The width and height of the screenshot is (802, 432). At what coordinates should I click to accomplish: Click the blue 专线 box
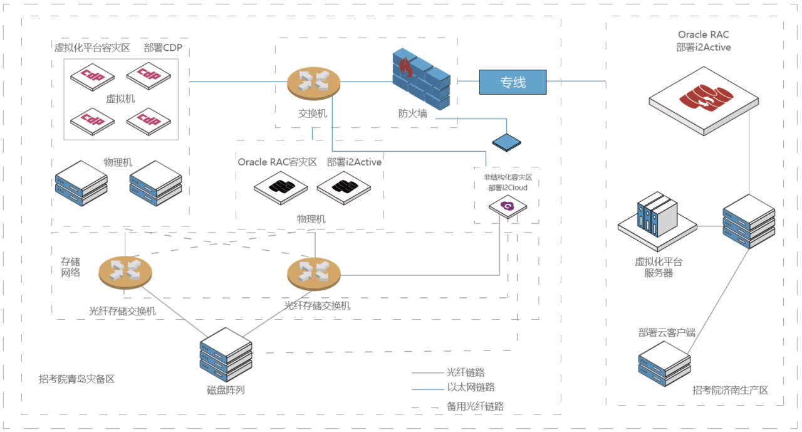tap(513, 82)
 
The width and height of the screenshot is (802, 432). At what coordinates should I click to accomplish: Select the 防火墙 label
tap(414, 113)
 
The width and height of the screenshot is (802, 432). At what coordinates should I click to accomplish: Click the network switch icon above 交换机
tap(313, 82)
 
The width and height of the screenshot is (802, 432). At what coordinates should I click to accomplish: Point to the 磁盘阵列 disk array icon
tap(226, 354)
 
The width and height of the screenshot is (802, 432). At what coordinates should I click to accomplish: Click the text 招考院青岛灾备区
tap(76, 379)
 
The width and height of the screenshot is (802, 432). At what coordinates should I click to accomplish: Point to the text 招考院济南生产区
tap(730, 390)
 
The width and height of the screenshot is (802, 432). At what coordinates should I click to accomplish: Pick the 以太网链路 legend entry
tap(471, 387)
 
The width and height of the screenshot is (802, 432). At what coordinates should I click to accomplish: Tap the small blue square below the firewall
tap(506, 142)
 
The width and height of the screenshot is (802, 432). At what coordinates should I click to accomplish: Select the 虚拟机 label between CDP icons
tap(120, 98)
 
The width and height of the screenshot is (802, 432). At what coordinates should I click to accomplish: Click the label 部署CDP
tap(163, 48)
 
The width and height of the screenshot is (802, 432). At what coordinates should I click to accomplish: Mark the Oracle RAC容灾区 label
tap(278, 162)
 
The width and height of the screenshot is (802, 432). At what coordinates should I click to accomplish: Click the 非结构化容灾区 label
tap(508, 177)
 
